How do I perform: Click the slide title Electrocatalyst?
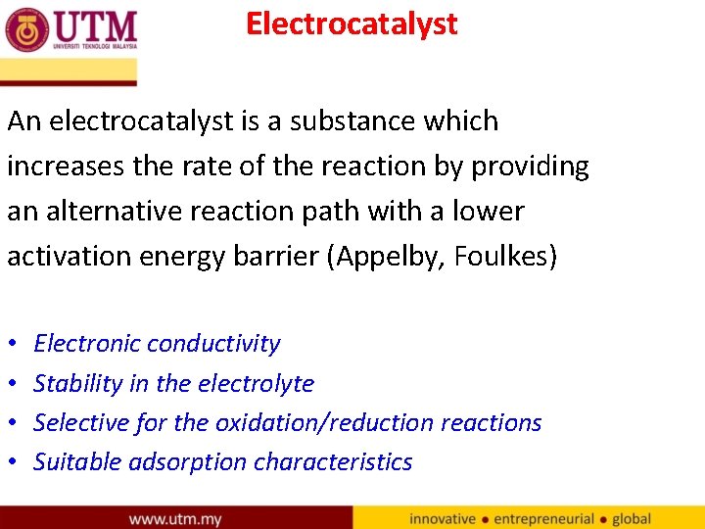[352, 24]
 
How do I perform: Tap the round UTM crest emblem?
[26, 29]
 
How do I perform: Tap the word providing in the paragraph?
[531, 167]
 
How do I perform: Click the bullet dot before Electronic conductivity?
[12, 345]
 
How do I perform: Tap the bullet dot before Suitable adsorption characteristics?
[12, 462]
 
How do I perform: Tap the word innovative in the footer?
[443, 518]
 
